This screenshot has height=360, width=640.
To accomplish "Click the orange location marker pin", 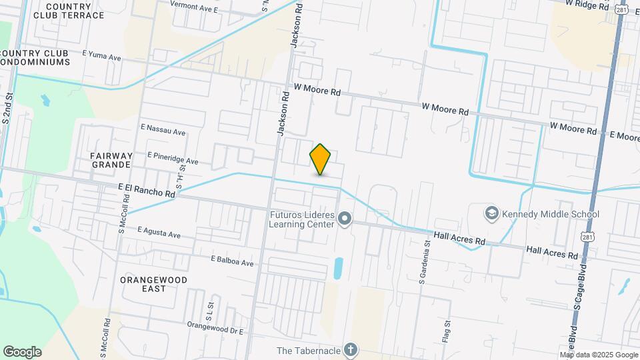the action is (x=321, y=159).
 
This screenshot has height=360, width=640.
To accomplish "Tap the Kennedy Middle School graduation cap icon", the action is (x=492, y=213).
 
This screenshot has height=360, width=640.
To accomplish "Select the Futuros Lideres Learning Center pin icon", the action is (x=345, y=219).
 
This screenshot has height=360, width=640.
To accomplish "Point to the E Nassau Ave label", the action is (x=163, y=132).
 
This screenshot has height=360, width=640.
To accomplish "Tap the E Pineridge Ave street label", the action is (x=174, y=161).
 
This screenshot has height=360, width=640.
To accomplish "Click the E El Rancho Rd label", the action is (x=147, y=191).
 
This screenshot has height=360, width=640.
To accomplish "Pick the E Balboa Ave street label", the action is (x=231, y=261).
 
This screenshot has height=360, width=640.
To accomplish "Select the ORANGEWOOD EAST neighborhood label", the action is (x=153, y=284).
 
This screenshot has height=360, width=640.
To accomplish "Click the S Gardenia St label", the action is (x=423, y=261).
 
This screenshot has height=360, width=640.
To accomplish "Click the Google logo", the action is (x=22, y=352).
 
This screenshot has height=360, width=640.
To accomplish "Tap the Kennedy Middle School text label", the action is (x=551, y=214).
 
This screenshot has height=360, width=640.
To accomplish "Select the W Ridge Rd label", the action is (x=587, y=4).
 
